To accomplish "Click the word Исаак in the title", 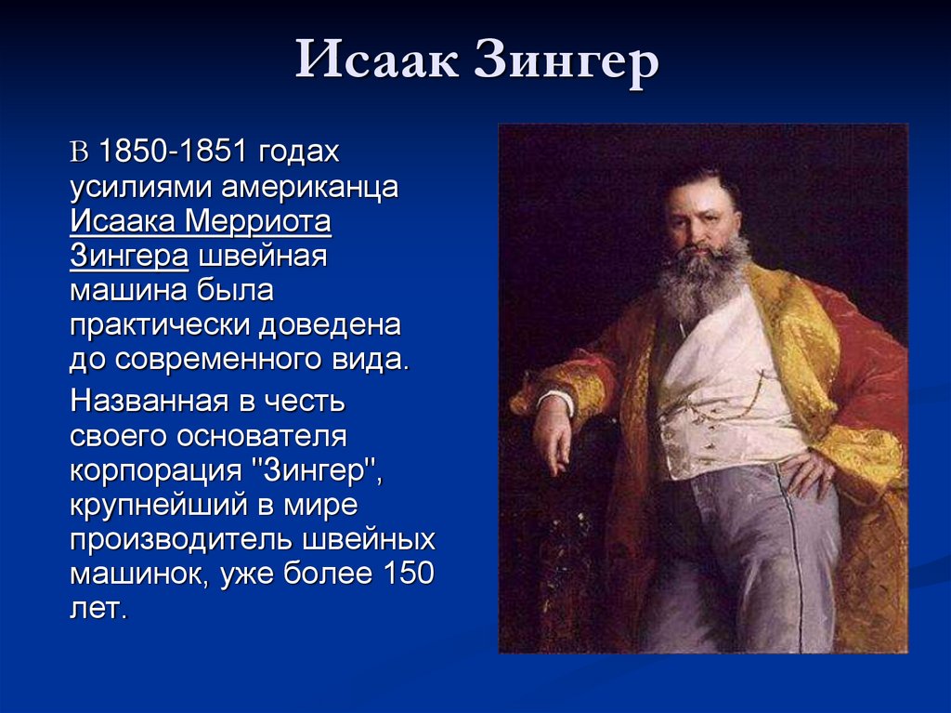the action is click(x=377, y=59).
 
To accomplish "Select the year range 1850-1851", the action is click(x=172, y=151).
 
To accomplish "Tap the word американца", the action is click(x=309, y=188).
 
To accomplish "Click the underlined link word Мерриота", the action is click(x=257, y=222).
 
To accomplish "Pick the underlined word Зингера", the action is click(x=129, y=257).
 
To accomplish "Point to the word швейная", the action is click(x=263, y=256).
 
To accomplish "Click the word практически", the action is click(x=160, y=326).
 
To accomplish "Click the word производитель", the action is click(x=182, y=540).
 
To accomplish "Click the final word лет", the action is click(x=98, y=609).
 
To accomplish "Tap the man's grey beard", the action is click(x=704, y=278).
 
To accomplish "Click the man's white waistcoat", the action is click(x=722, y=389).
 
